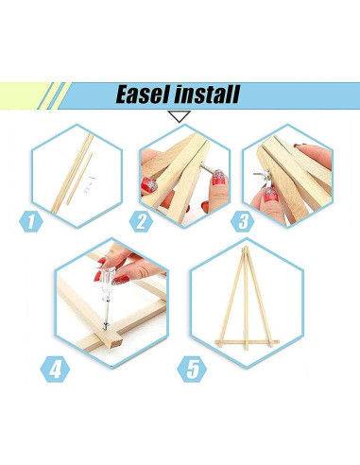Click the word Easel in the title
pyautogui.click(x=146, y=95)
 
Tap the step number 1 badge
pyautogui.click(x=32, y=223)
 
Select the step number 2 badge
pyautogui.click(x=142, y=223)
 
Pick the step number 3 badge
pyautogui.click(x=244, y=223)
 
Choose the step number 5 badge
pyautogui.click(x=195, y=367)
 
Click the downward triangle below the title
pyautogui.click(x=180, y=116)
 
